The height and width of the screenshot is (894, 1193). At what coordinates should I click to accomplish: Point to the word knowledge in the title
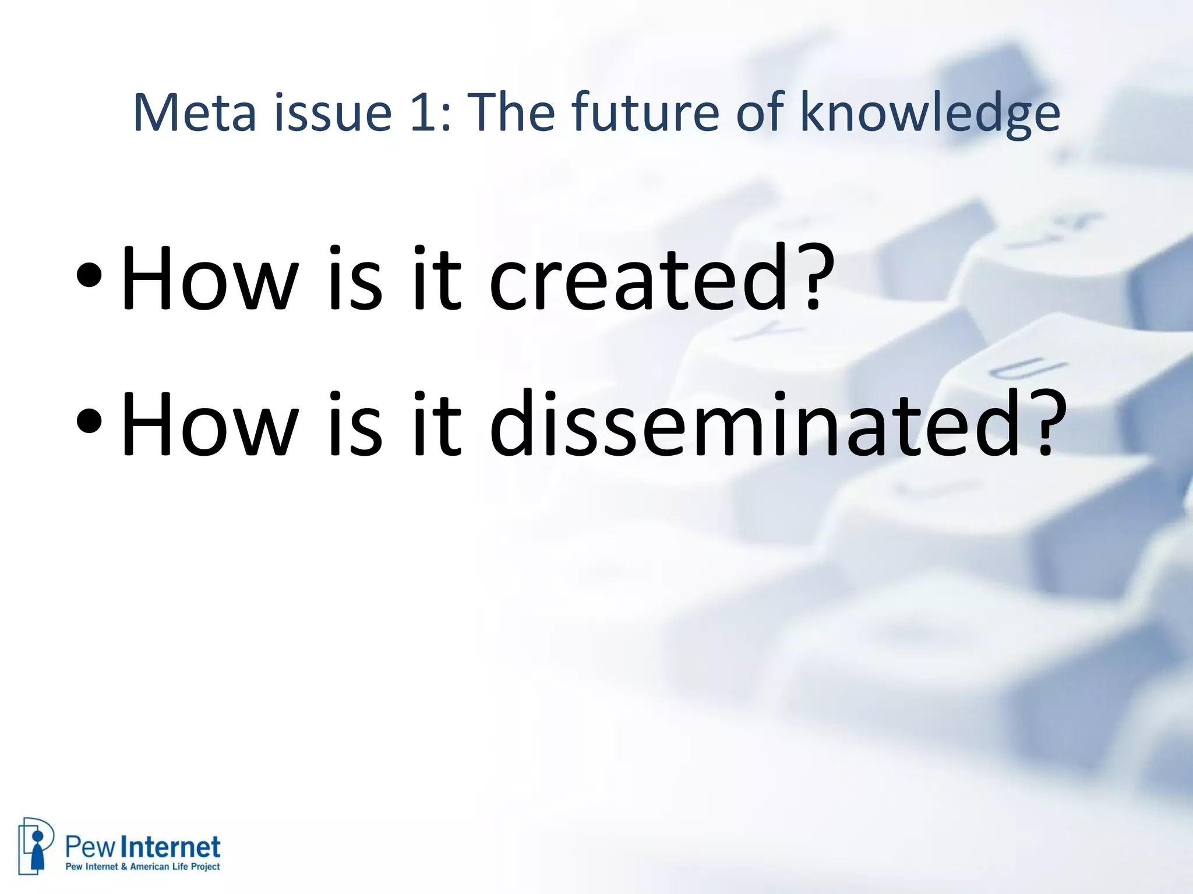tap(930, 114)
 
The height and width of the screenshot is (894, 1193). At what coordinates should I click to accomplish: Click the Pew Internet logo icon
tap(36, 845)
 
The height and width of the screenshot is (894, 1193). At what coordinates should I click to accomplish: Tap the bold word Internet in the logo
tap(173, 847)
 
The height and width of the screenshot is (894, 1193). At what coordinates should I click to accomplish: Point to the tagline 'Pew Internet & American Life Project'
tap(143, 867)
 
